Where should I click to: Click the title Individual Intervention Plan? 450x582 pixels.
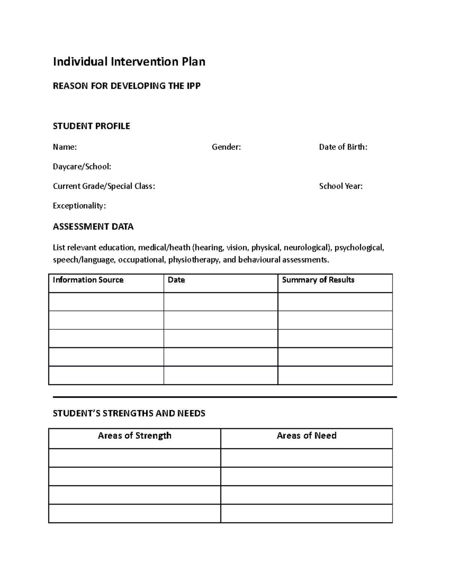coord(129,61)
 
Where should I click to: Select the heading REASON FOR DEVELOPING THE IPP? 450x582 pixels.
coord(126,86)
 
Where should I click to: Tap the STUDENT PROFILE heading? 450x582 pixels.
coord(91,126)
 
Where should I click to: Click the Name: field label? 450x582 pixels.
coord(64,147)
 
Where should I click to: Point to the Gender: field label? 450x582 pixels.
coord(226,147)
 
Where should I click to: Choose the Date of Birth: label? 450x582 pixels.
coord(343,147)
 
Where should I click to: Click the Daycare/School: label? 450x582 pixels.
coord(82,166)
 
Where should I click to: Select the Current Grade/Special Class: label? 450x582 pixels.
coord(103,186)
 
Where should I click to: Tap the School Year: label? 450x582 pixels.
coord(340,186)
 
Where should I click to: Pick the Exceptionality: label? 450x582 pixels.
coord(79,206)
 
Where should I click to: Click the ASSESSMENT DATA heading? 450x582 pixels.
coord(93,227)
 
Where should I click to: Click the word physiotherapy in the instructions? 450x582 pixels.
coord(193,260)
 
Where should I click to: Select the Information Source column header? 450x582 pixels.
coord(88,280)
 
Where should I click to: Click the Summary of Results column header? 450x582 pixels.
coord(318,280)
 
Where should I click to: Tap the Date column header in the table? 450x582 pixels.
coord(176,280)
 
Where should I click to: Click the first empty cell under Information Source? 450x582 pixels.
coord(106,302)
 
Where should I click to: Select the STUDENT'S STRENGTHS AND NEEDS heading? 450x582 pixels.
coord(129,413)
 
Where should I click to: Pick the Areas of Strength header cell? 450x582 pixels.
coord(134,435)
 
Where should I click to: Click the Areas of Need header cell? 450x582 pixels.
coord(306,435)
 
